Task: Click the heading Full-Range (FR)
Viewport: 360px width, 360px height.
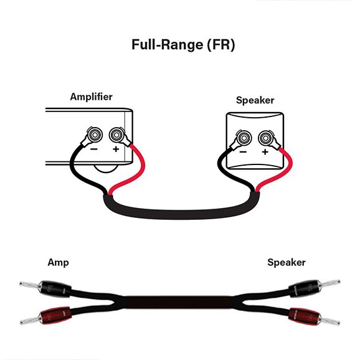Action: pos(183,45)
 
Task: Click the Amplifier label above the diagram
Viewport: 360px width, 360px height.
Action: pos(91,97)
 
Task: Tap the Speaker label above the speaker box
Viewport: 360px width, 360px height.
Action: pos(255,100)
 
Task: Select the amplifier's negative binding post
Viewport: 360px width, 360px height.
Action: pos(95,135)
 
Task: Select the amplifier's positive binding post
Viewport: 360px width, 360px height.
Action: pos(116,135)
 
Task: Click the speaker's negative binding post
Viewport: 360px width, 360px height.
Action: pos(244,138)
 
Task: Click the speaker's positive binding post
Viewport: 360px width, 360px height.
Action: pos(265,138)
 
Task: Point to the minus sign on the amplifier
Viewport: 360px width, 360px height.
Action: pos(94,149)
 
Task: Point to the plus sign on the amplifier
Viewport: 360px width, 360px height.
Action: pos(116,149)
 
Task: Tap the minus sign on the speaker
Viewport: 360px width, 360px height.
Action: pos(243,152)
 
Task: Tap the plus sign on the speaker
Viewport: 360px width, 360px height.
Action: pos(265,152)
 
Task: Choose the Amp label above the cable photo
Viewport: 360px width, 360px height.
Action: pos(58,263)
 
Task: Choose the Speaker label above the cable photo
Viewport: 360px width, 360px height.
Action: pos(287,262)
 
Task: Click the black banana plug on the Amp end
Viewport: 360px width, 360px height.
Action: pos(45,288)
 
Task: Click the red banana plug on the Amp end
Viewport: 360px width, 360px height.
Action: pos(45,316)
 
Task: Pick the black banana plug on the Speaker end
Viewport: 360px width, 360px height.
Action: pos(314,288)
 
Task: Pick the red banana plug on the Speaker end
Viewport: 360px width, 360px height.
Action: pos(314,316)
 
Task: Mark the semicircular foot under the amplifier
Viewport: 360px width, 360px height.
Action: pos(106,171)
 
